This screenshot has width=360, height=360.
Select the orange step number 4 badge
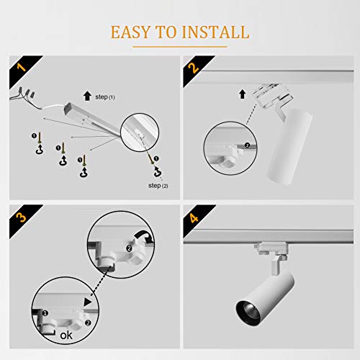[x=193, y=217]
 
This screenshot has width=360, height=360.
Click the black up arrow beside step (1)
[x=87, y=95]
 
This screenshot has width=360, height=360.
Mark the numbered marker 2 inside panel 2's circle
[x=246, y=146]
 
